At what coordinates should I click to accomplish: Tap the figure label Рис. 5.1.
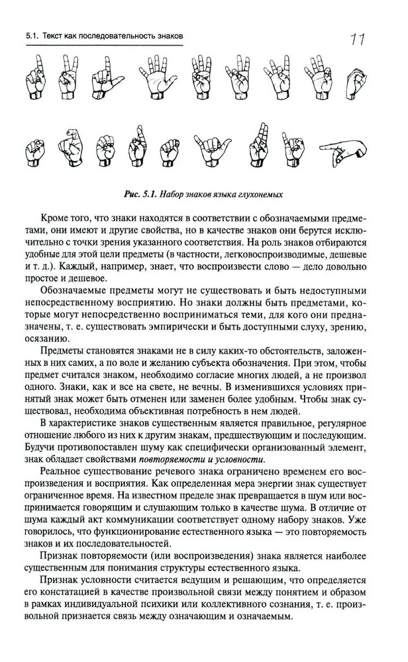click(140, 195)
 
